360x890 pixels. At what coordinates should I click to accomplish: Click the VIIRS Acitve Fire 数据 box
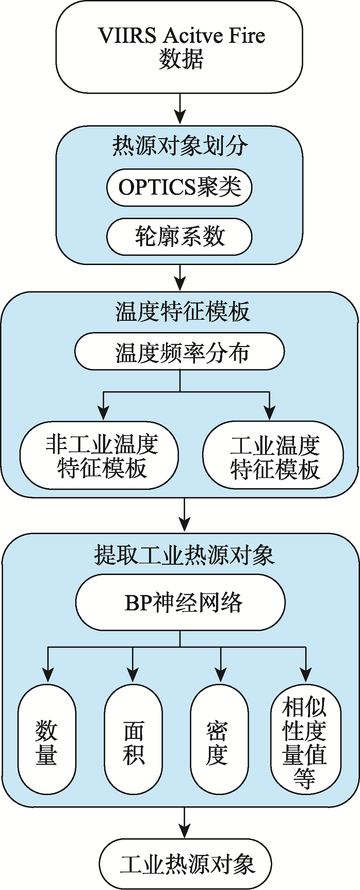180,47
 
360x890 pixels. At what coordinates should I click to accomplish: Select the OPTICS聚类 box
179,187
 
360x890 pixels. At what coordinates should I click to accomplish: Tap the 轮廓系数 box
179,237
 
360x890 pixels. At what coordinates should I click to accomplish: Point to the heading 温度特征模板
183,312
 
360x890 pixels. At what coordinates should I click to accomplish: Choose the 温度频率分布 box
180,351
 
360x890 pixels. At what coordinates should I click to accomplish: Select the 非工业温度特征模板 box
99,455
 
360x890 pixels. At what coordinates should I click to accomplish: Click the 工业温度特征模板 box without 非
273,455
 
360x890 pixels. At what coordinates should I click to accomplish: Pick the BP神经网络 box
180,602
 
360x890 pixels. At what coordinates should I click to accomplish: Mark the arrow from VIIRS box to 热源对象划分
180,109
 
